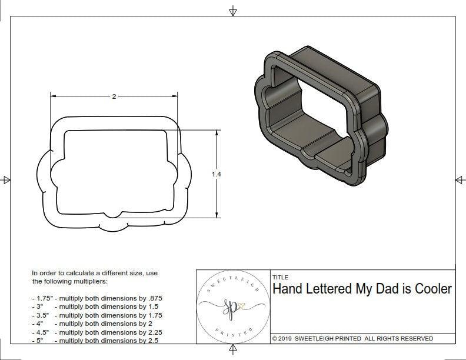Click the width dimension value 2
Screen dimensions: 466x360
(x=114, y=96)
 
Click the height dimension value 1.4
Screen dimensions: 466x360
(x=217, y=174)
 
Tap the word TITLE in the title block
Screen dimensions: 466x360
(x=280, y=278)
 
